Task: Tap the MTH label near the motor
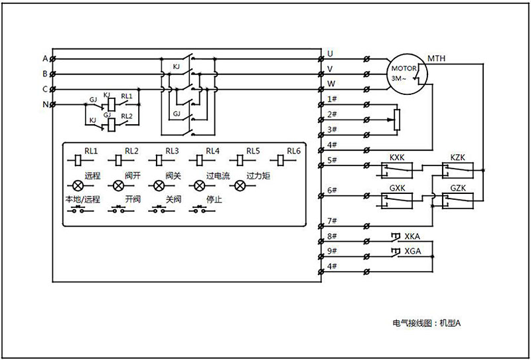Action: click(437, 58)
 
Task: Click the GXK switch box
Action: click(397, 200)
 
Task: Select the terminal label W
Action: click(331, 84)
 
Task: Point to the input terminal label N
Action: click(45, 104)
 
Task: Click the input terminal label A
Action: click(45, 58)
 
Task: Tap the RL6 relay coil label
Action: click(294, 151)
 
